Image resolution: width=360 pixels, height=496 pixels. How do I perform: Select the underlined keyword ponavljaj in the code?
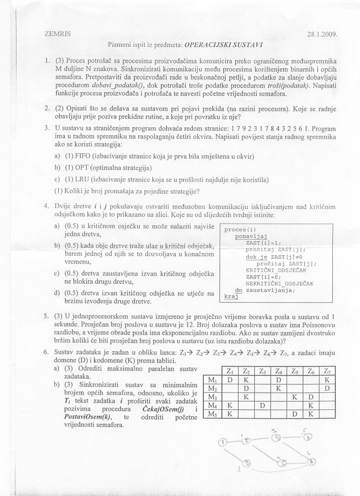pyautogui.click(x=250, y=237)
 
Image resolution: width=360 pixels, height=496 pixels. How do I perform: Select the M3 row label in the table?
pyautogui.click(x=212, y=396)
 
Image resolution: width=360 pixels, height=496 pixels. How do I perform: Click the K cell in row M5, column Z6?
pyautogui.click(x=311, y=414)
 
